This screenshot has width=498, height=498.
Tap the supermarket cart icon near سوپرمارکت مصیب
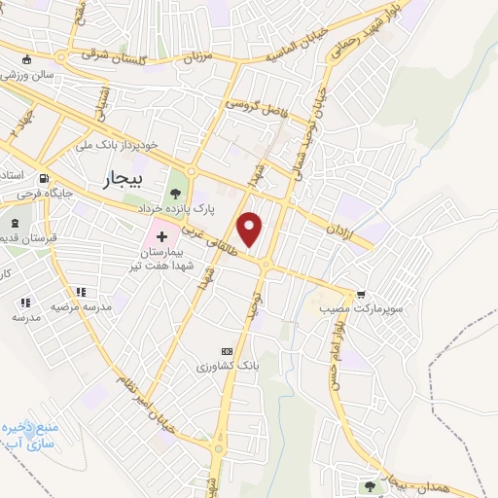click(362, 294)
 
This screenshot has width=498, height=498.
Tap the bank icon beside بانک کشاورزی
click(227, 351)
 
